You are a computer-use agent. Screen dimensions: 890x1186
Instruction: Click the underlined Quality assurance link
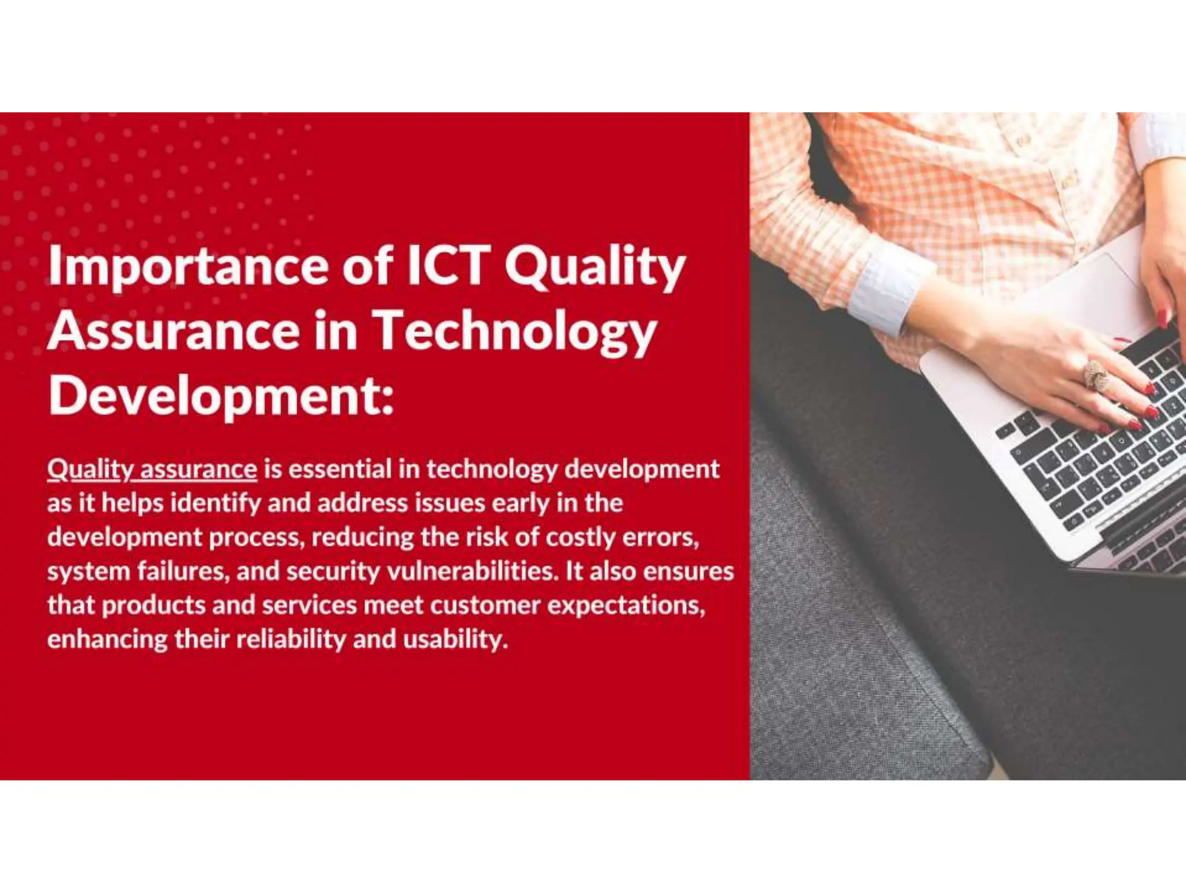152,469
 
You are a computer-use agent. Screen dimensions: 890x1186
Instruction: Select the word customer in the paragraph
485,606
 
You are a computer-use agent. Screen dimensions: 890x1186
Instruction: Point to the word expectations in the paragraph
626,606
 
